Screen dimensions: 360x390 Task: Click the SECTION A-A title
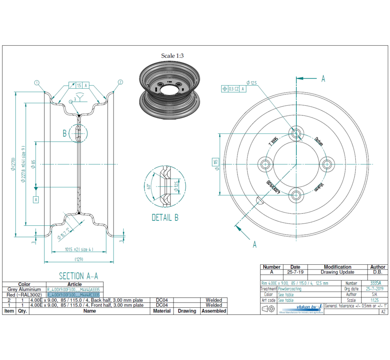pos(78,276)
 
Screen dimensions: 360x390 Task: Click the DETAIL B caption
pos(165,217)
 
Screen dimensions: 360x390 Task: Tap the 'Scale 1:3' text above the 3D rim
pos(172,56)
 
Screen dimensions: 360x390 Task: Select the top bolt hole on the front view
pos(296,133)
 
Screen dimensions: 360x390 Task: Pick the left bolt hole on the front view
pos(266,164)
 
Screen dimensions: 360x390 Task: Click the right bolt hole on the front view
pos(326,164)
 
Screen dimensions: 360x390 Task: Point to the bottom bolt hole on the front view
pos(296,194)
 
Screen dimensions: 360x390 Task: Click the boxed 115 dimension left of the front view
pos(216,162)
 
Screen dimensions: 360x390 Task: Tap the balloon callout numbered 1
pos(37,82)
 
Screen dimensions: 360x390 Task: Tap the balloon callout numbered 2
pos(120,82)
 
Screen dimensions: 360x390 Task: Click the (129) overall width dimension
pos(79,259)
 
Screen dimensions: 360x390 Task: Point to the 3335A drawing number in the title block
pos(376,283)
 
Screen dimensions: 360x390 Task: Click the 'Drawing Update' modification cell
pos(337,272)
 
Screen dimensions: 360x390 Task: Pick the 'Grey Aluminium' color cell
pos(24,290)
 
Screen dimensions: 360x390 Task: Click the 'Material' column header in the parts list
pos(162,311)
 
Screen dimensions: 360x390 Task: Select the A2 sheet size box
pos(383,312)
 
